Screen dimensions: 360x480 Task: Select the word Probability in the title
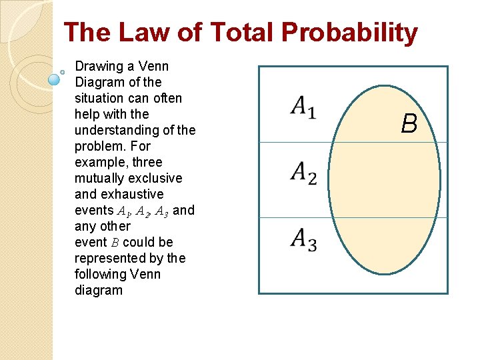click(350, 33)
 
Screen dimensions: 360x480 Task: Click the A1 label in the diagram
click(303, 107)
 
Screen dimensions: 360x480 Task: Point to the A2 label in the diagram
click(303, 173)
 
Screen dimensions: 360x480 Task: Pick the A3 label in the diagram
click(303, 239)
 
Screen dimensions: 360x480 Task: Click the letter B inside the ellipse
click(409, 123)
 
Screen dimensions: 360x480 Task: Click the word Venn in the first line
click(155, 67)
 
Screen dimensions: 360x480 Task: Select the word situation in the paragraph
click(98, 99)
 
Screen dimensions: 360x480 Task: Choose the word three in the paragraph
click(147, 163)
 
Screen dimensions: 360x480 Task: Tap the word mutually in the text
click(99, 179)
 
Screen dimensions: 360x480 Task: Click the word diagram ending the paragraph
click(99, 291)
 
